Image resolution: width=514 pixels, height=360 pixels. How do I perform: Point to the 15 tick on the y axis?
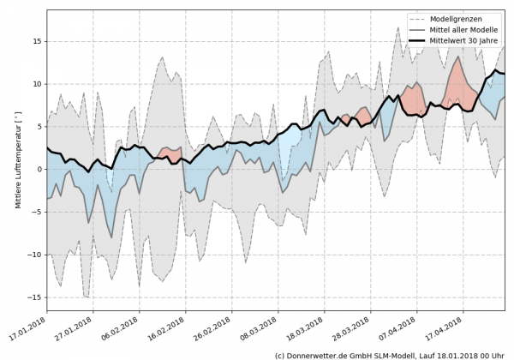38,41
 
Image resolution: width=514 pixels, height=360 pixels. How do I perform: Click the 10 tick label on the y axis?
38,84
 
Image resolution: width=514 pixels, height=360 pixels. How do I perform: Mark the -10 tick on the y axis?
36,255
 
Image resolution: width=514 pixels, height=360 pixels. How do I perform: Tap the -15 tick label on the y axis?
36,297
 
